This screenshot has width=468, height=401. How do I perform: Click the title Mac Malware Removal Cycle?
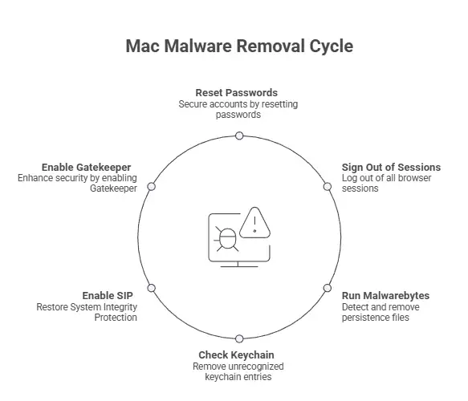click(239, 47)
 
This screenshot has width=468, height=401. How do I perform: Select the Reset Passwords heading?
click(236, 93)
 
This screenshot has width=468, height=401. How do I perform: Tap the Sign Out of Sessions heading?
click(391, 168)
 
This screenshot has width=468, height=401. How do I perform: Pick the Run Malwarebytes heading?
click(385, 296)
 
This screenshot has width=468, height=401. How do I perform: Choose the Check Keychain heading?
click(236, 354)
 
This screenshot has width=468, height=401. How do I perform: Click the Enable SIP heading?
click(108, 295)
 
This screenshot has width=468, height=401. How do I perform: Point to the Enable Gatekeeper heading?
click(86, 168)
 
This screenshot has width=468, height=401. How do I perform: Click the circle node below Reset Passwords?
click(239, 136)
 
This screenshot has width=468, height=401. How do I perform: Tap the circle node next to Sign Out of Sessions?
click(328, 187)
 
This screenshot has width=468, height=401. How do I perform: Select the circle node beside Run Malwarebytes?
click(328, 288)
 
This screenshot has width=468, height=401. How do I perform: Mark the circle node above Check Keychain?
click(239, 338)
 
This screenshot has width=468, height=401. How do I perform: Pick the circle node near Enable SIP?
click(152, 288)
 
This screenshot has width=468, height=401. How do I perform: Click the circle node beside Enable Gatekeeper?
click(152, 187)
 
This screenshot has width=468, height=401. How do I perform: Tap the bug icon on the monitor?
click(227, 238)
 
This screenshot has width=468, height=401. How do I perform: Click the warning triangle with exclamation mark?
click(254, 222)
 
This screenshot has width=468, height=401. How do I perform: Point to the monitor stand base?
click(238, 266)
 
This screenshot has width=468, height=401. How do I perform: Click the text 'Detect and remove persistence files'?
click(381, 312)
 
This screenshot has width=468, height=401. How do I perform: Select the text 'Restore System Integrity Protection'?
click(87, 312)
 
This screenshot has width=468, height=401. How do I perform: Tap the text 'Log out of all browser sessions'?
click(386, 183)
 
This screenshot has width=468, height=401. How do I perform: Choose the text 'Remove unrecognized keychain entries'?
click(238, 371)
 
